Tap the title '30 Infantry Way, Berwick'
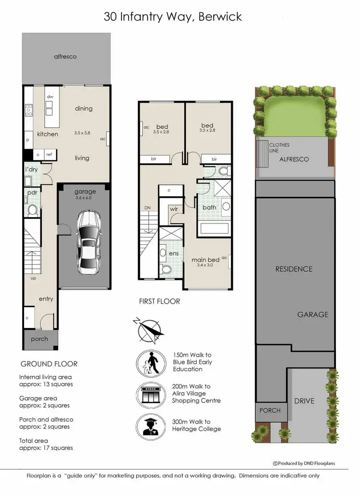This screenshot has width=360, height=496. [173, 17]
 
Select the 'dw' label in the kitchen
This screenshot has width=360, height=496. [49, 97]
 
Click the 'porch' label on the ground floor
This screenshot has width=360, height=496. [39, 339]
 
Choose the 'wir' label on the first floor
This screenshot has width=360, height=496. [174, 209]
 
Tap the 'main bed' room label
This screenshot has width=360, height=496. [205, 260]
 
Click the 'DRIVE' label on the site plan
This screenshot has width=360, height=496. [304, 400]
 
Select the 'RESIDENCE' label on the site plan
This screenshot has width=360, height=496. [294, 269]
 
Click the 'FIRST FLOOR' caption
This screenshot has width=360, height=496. [159, 302]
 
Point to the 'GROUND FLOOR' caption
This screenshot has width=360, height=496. [48, 363]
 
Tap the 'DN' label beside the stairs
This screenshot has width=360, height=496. [148, 208]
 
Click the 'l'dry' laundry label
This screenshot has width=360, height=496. [31, 170]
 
